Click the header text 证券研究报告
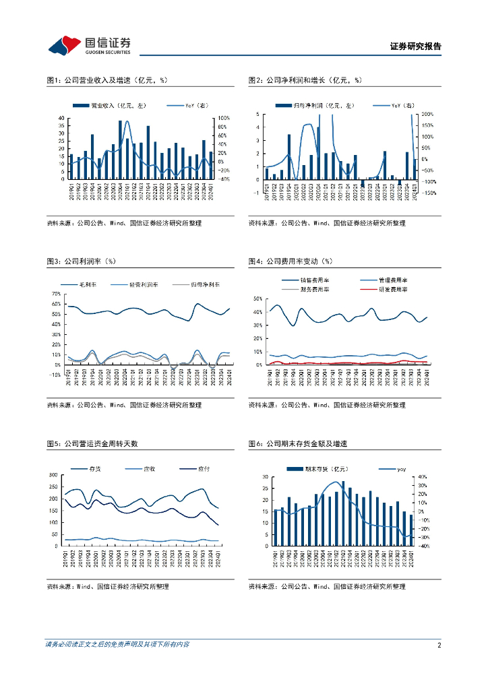click(x=416, y=46)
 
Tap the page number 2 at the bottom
click(x=439, y=645)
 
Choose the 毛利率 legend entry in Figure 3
click(x=88, y=285)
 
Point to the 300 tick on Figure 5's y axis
click(x=54, y=476)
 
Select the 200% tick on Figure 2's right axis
click(x=427, y=115)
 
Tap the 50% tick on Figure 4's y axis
click(x=257, y=299)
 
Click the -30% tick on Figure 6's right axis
click(x=423, y=538)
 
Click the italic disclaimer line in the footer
click(x=117, y=645)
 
